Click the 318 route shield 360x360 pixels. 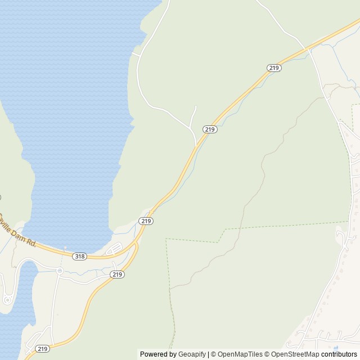tap(79, 256)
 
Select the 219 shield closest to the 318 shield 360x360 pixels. tap(117, 274)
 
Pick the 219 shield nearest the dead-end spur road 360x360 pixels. tap(210, 129)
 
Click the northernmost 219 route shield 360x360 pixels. tap(274, 68)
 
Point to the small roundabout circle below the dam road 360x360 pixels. tap(59, 271)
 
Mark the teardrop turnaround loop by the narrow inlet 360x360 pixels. tap(7, 299)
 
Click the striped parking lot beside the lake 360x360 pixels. tap(114, 248)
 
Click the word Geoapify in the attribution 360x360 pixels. tap(192, 354)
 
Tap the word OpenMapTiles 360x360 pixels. tap(240, 354)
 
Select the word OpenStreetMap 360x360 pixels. tap(295, 354)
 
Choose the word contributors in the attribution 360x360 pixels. tap(339, 354)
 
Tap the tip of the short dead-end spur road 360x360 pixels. tap(196, 106)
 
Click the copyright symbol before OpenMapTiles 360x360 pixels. tap(214, 354)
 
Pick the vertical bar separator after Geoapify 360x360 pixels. tap(208, 354)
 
